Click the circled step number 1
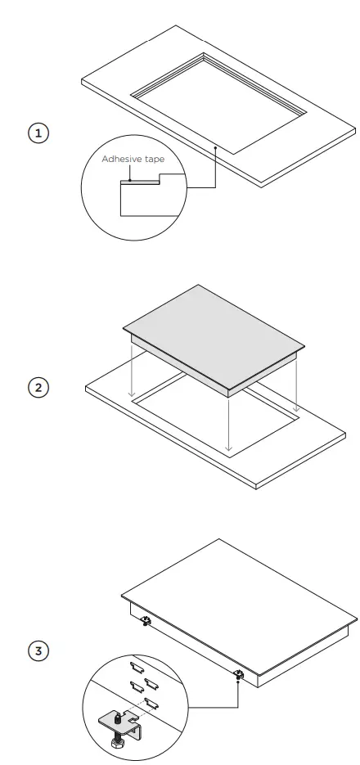[x=38, y=132]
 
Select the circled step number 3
[x=38, y=651]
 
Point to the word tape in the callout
[x=155, y=160]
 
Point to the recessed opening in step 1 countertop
[x=217, y=102]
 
